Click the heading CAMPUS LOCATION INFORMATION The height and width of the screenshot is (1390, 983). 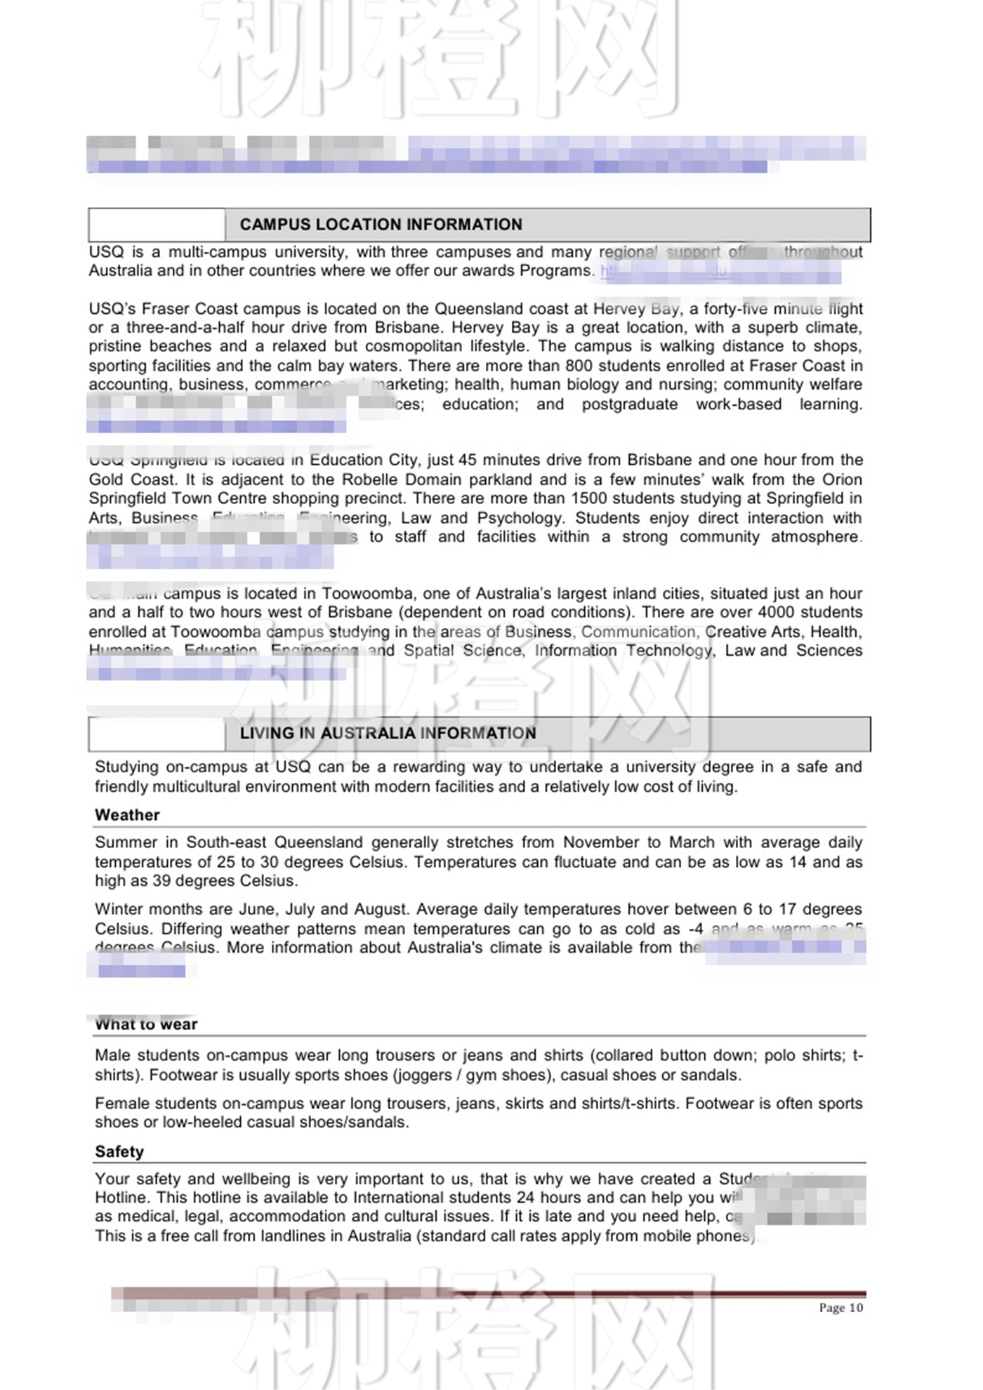pos(381,225)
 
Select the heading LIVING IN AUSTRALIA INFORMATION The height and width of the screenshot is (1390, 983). pos(388,734)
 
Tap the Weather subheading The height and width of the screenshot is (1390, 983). pos(127,815)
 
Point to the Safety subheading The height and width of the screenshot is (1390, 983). pos(119,1151)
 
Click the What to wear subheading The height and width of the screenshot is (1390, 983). pos(146,1024)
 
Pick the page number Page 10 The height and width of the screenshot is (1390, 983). pos(840,1308)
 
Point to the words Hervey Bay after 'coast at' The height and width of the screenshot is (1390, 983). pos(636,309)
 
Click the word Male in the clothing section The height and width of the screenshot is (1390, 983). pos(112,1056)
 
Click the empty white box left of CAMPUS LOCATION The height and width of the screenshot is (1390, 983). pos(157,225)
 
